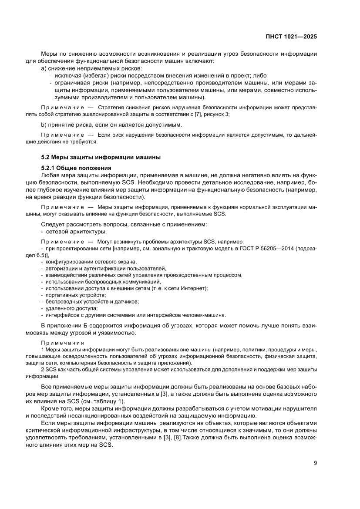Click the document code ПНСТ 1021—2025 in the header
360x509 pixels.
(x=291, y=37)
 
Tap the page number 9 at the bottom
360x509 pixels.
(x=315, y=463)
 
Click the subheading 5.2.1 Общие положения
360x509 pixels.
(x=76, y=168)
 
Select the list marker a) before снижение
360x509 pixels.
(x=43, y=68)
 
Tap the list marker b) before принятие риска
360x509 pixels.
(x=43, y=125)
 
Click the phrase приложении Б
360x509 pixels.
(x=68, y=326)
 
